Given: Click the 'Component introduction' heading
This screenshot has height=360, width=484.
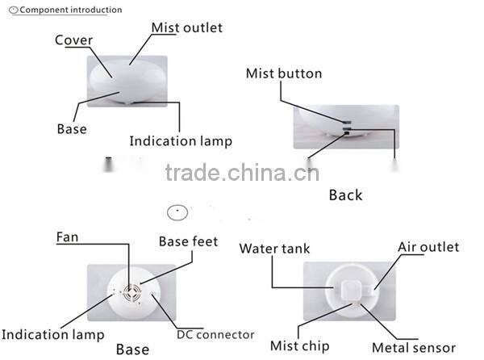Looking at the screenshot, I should pyautogui.click(x=71, y=10).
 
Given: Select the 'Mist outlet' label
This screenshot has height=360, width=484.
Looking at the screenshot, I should pyautogui.click(x=186, y=27).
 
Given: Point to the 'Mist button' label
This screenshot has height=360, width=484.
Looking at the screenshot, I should pyautogui.click(x=283, y=73).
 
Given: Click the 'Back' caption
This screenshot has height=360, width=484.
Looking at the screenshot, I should pyautogui.click(x=345, y=195).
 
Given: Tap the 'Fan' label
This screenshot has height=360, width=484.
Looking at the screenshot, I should pyautogui.click(x=67, y=237).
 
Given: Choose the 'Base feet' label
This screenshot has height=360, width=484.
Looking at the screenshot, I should pyautogui.click(x=188, y=241).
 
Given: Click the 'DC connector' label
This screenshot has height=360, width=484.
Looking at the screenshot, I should pyautogui.click(x=215, y=334).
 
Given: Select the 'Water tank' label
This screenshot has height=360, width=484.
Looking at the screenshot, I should pyautogui.click(x=274, y=249).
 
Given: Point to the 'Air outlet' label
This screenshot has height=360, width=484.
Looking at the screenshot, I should pyautogui.click(x=428, y=246).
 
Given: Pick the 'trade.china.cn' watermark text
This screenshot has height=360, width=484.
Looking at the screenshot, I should pyautogui.click(x=242, y=173).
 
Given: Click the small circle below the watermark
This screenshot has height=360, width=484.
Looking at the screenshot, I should pyautogui.click(x=177, y=213).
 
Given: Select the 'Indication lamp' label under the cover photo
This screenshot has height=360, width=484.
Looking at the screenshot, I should pyautogui.click(x=181, y=141).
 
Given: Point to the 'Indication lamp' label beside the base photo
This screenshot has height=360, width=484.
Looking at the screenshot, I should pyautogui.click(x=52, y=334).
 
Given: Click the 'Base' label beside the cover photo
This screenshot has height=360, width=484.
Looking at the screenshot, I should pyautogui.click(x=72, y=128).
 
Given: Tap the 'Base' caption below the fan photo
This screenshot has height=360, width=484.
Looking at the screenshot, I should pyautogui.click(x=132, y=349).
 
